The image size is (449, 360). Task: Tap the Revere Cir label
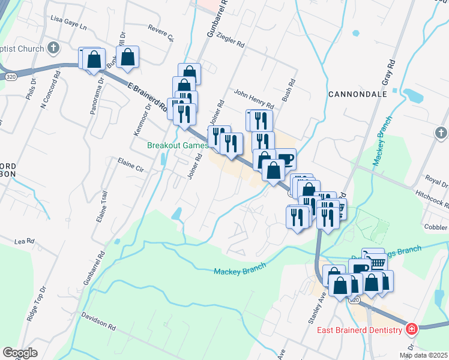[160, 33]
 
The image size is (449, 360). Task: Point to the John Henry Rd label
[253, 94]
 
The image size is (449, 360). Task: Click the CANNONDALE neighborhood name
[354, 94]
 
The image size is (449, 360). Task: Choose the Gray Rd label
[387, 73]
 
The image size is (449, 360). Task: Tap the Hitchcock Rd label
[432, 197]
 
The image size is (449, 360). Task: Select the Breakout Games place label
[178, 145]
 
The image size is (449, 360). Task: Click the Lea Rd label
[25, 241]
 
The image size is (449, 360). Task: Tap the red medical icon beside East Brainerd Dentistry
[412, 329]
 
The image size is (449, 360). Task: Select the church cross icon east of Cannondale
[441, 133]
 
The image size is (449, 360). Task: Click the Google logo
[20, 353]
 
